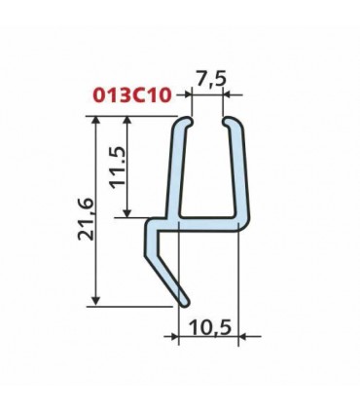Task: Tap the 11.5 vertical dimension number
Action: coord(116,168)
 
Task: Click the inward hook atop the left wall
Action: coord(184,124)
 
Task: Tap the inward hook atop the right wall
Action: coord(231,124)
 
